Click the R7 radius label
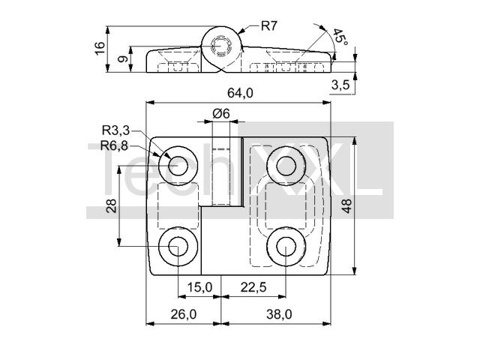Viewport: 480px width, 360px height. coord(269,25)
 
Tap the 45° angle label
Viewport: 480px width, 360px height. coord(340,37)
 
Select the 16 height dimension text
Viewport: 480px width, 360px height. coord(100,48)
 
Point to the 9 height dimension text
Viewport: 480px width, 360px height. coord(123,58)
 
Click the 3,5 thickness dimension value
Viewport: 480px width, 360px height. coord(340,85)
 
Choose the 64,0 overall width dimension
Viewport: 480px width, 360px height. coord(240,93)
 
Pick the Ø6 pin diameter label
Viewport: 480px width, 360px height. coord(221,113)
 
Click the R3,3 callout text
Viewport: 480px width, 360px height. coord(115,130)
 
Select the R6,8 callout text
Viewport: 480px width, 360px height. coord(114,145)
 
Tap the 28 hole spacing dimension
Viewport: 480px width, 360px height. coord(112,205)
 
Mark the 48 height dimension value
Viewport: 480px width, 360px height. coord(346,205)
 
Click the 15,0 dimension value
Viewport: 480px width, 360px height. coord(199,287)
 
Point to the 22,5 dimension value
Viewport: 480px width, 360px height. coord(253,287)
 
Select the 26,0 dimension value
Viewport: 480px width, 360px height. coord(183,314)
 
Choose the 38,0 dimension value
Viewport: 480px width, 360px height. coord(279,314)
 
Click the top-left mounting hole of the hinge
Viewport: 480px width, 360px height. coord(178,166)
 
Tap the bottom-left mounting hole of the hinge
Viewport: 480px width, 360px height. coord(178,247)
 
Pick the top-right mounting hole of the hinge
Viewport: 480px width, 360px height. coord(286,166)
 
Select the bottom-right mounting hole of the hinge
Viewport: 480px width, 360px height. coord(286,247)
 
